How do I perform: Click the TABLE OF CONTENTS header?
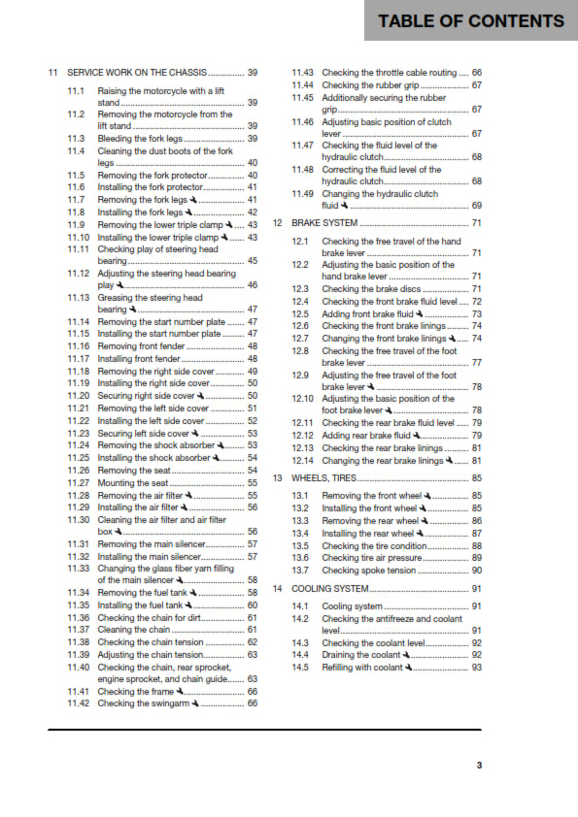pos(471,21)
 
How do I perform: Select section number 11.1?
pos(77,90)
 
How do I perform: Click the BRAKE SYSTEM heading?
pos(324,223)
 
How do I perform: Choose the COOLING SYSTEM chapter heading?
pos(330,588)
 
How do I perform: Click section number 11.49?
pos(303,193)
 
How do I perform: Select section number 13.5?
pos(300,546)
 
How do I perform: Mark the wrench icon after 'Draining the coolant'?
pos(409,656)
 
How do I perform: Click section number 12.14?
pos(303,460)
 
